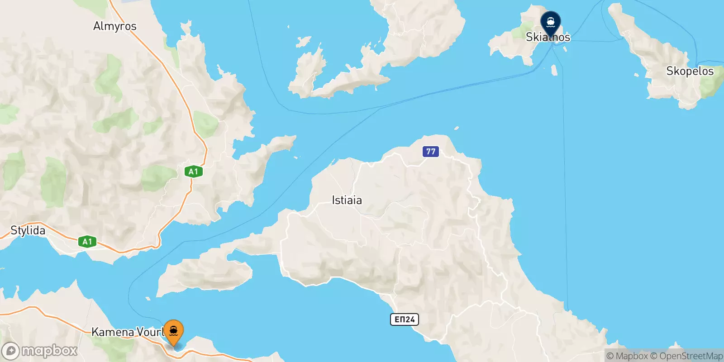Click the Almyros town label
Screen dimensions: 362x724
(114, 26)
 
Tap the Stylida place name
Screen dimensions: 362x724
(28, 230)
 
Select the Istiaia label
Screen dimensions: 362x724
(347, 200)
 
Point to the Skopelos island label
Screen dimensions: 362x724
(690, 71)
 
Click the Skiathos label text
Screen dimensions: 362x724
(548, 37)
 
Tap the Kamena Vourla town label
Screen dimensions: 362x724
(127, 332)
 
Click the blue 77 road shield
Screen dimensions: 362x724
(431, 152)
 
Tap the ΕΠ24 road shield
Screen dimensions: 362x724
(405, 319)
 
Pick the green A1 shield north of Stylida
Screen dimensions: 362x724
(193, 171)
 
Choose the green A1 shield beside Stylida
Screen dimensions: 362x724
(87, 242)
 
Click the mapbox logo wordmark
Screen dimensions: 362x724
(49, 351)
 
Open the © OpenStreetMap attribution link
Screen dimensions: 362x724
(686, 356)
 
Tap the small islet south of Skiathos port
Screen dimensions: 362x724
(554, 70)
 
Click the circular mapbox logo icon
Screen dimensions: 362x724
(10, 351)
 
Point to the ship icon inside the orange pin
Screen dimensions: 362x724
(173, 331)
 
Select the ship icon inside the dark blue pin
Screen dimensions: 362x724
(551, 21)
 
